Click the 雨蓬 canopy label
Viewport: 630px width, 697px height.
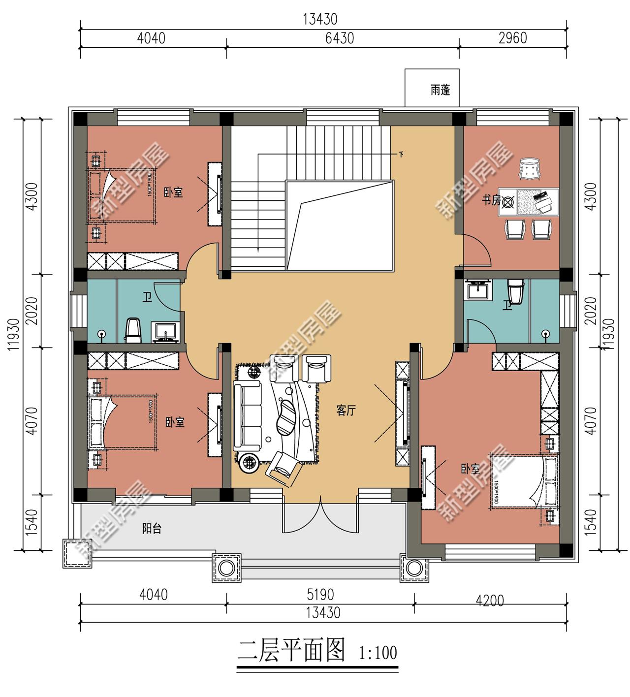[440, 90]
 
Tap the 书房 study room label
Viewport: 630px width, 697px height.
[491, 200]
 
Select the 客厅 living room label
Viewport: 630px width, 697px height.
[346, 411]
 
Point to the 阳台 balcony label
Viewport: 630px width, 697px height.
[152, 529]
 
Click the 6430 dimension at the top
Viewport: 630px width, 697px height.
[339, 38]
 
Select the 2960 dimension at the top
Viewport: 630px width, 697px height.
[512, 38]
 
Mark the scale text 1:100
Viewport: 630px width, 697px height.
[378, 653]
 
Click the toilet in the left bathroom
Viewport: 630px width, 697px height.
[133, 329]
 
